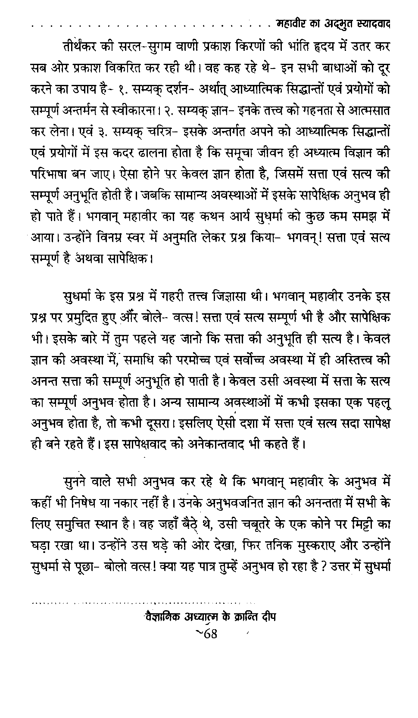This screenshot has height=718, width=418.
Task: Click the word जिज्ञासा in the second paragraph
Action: click(x=231, y=297)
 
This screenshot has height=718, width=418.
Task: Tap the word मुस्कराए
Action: click(x=308, y=544)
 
